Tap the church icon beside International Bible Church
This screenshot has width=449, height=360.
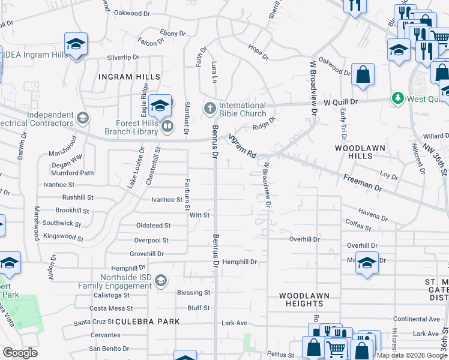[209, 109]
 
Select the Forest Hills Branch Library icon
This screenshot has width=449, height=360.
[167, 125]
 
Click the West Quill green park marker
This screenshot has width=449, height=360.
[397, 97]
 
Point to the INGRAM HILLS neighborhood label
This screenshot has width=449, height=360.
[130, 77]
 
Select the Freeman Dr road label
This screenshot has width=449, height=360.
[362, 182]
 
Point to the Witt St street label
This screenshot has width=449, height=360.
[199, 215]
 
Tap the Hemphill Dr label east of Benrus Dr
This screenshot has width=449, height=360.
[240, 262]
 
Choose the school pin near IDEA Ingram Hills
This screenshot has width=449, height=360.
[76, 44]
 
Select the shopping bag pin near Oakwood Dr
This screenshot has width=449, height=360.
[363, 75]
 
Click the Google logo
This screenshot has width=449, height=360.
[20, 353]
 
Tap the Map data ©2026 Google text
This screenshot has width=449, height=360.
[412, 355]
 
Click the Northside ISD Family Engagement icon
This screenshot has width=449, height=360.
[160, 280]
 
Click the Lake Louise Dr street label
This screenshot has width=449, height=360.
[135, 169]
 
